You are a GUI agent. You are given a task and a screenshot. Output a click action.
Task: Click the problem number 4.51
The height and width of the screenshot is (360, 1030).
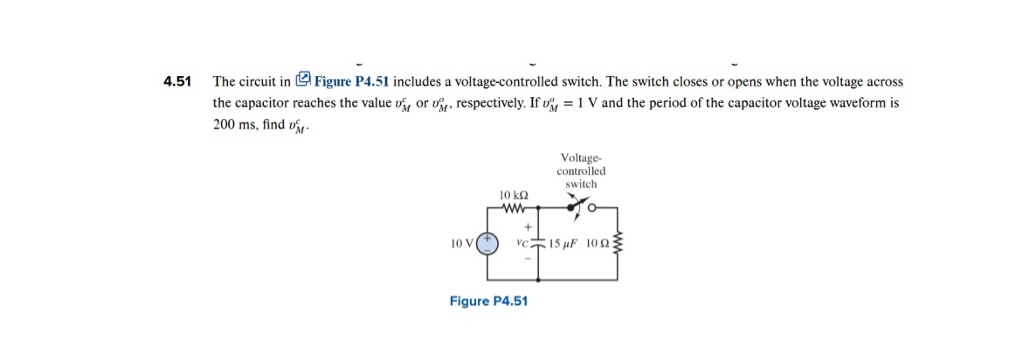click(x=177, y=82)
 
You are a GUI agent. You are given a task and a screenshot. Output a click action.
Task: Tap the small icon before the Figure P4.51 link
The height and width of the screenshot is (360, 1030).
click(x=303, y=80)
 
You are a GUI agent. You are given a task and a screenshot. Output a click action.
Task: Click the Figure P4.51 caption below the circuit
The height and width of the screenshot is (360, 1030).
click(x=488, y=301)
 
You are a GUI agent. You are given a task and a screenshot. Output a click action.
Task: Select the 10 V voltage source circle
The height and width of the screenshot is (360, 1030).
click(x=487, y=243)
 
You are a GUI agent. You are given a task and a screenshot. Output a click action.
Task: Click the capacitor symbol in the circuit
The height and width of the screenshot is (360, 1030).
click(x=537, y=243)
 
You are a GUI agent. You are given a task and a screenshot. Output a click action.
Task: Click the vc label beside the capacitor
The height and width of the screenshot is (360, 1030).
click(x=523, y=243)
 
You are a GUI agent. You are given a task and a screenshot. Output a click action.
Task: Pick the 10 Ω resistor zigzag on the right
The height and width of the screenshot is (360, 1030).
click(x=619, y=243)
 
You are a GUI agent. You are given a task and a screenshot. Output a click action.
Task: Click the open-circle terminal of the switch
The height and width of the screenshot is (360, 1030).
click(x=592, y=209)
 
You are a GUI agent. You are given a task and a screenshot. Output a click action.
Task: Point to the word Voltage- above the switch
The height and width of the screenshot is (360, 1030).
click(x=581, y=158)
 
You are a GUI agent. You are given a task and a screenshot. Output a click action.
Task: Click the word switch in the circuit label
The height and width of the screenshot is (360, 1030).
click(x=581, y=184)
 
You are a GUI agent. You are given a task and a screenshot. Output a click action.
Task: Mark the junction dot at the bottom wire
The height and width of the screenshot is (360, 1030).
click(x=537, y=280)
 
